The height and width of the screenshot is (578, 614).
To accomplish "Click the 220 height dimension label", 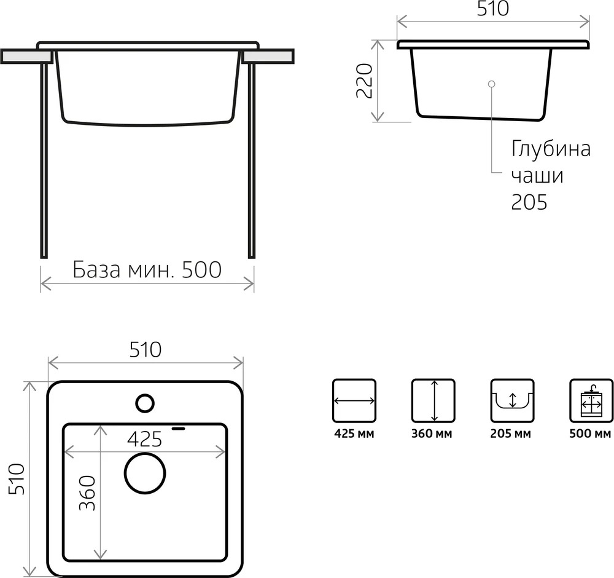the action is point(364,81).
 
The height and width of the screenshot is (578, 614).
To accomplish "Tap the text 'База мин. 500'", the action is point(147,270).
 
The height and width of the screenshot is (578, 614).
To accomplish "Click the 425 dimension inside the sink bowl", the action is point(144,439).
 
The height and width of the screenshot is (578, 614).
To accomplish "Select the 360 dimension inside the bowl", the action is point(87,493).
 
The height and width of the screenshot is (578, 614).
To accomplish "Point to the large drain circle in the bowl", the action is point(145,473).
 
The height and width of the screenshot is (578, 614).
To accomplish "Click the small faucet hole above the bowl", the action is point(145,403).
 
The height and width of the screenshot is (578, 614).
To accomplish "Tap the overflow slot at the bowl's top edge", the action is point(179,428).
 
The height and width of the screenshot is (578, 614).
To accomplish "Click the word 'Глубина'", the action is point(551,149).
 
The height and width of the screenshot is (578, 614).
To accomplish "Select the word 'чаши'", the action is point(537,176).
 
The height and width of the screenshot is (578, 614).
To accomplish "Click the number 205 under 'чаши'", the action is point(529,202).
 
